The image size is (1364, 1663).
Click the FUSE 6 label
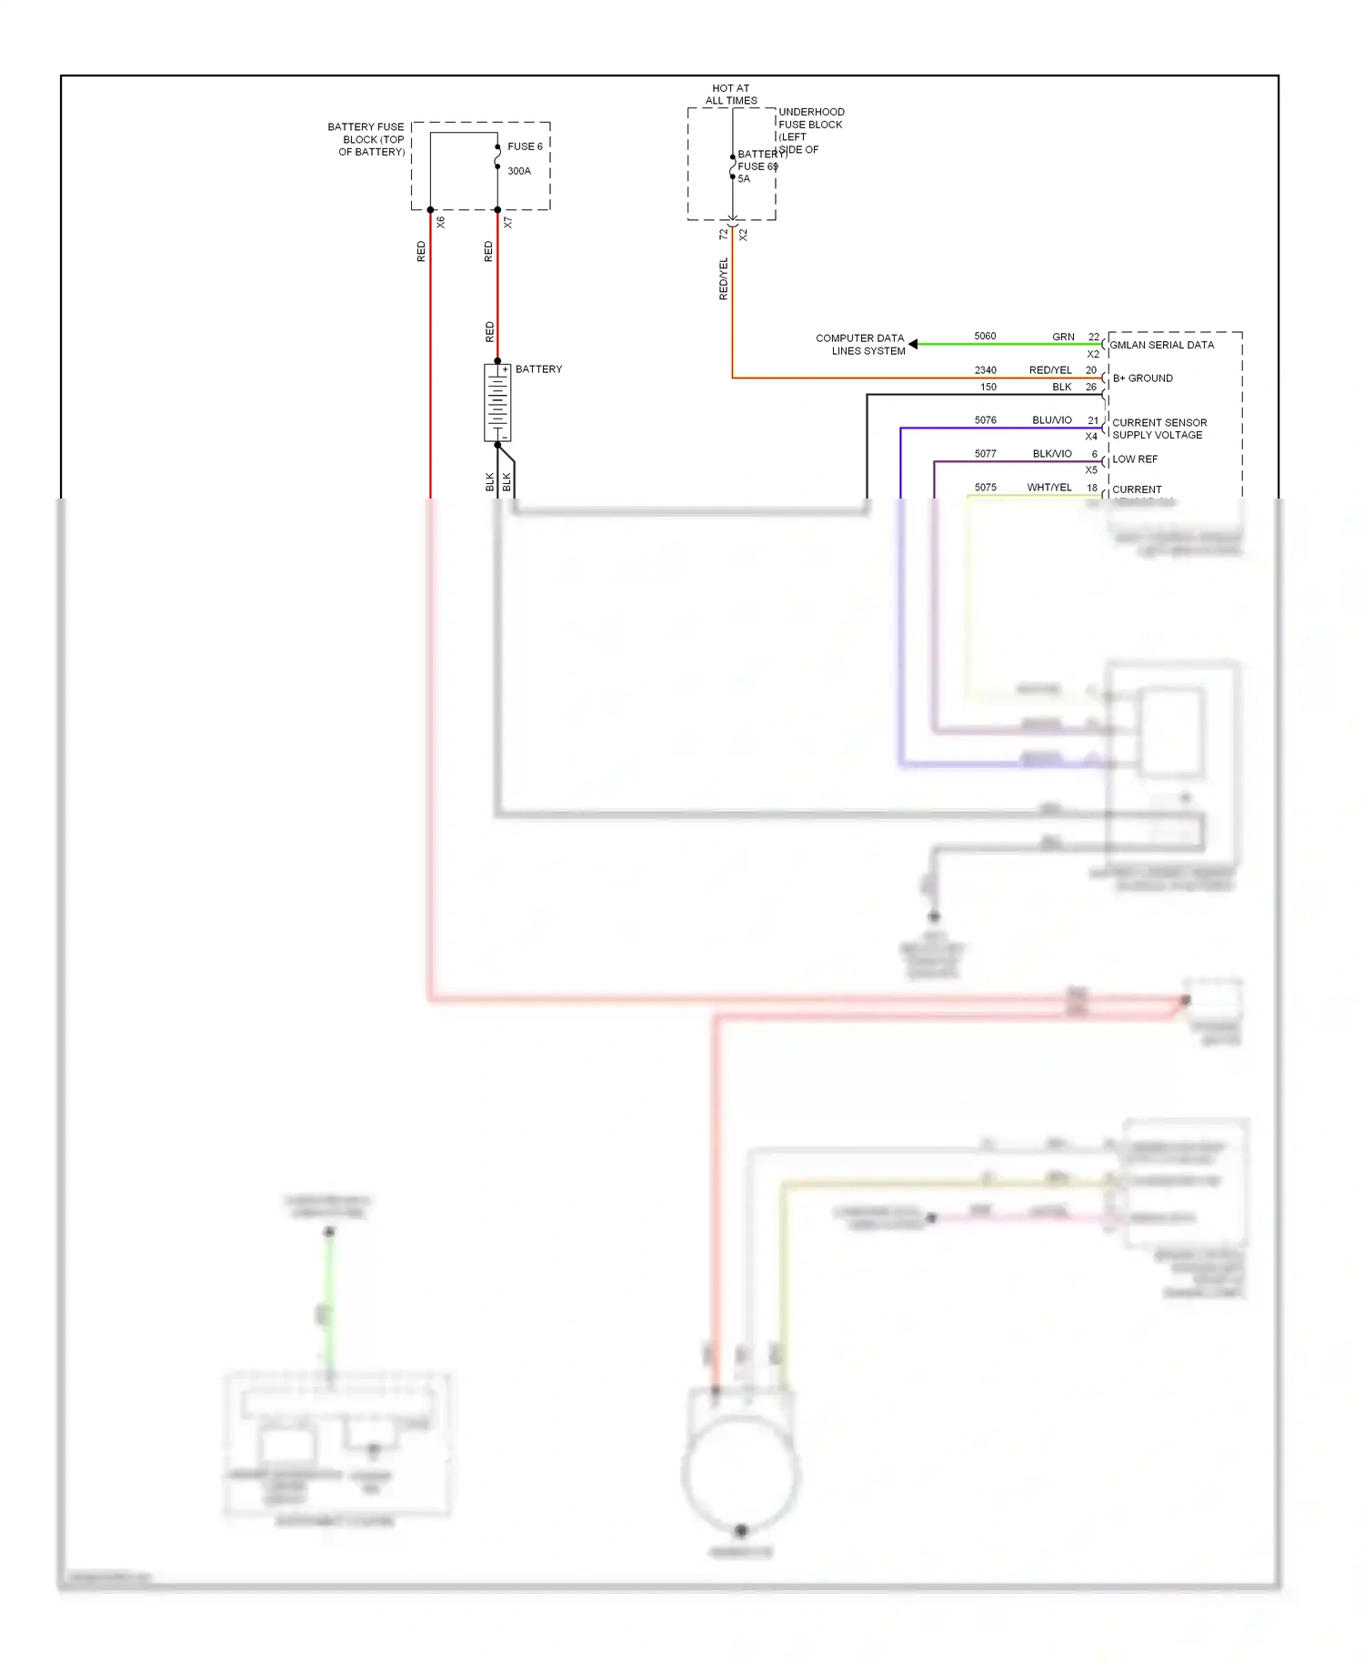[525, 146]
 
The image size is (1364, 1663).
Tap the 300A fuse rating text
[518, 171]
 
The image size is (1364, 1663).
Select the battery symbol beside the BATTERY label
[497, 403]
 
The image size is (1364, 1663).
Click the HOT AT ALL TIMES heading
[731, 95]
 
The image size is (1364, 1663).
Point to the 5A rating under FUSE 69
[744, 179]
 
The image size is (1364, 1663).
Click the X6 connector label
[440, 222]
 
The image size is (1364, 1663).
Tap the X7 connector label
[507, 222]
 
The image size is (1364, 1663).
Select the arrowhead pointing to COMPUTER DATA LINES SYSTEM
[913, 344]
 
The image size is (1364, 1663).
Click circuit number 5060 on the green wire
[985, 337]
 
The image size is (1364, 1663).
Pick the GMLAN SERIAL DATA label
[1161, 346]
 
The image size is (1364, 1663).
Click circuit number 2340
[985, 370]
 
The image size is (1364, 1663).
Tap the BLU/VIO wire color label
[1051, 420]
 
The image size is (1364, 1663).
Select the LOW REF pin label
[1134, 459]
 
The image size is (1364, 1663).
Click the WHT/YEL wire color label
[1048, 488]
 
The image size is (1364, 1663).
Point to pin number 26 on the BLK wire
[1090, 388]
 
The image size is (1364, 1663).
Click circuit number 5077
[985, 454]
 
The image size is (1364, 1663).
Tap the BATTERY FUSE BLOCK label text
[366, 139]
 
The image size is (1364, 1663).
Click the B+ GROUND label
[1142, 378]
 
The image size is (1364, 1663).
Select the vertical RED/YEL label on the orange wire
[724, 278]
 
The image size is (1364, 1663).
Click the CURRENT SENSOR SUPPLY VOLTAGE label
[1158, 428]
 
